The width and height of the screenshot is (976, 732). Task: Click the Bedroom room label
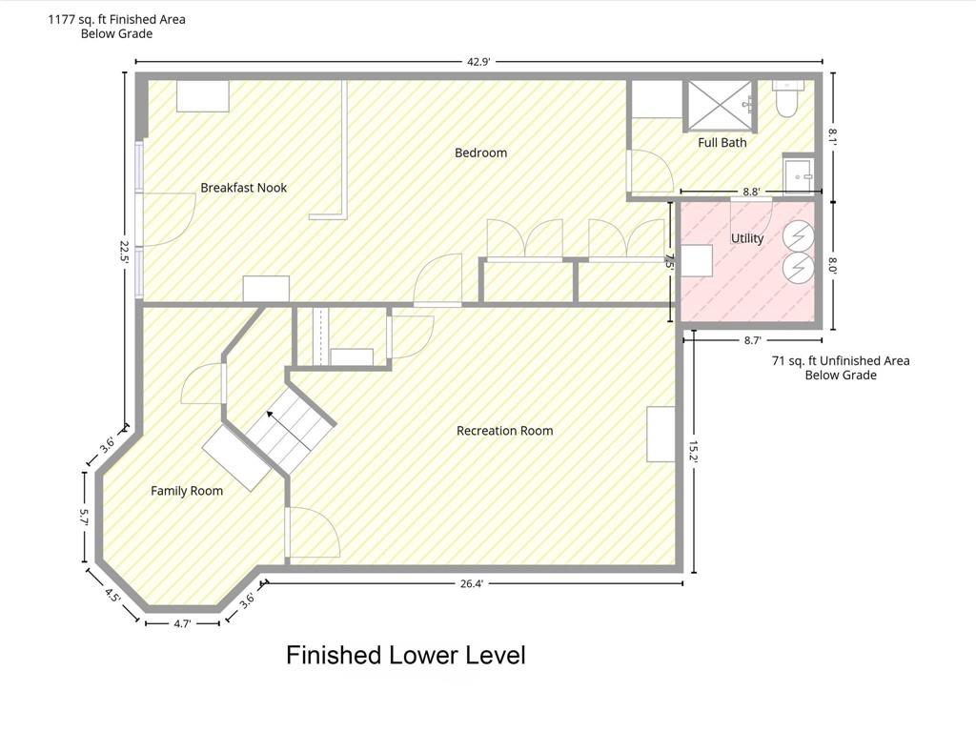pyautogui.click(x=480, y=152)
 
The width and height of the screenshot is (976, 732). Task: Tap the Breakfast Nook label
pyautogui.click(x=243, y=188)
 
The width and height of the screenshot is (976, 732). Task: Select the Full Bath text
pyautogui.click(x=722, y=143)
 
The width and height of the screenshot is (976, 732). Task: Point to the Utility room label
pyautogui.click(x=747, y=238)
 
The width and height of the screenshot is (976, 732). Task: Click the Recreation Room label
pyautogui.click(x=505, y=431)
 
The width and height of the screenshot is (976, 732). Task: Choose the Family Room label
pyautogui.click(x=187, y=491)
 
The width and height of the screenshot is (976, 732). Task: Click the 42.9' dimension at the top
pyautogui.click(x=478, y=62)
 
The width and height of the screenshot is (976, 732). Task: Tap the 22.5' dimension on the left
pyautogui.click(x=125, y=253)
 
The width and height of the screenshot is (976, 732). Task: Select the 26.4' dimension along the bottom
pyautogui.click(x=471, y=584)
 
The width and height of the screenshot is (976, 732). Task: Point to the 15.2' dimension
pyautogui.click(x=694, y=451)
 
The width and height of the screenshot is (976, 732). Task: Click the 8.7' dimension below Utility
pyautogui.click(x=753, y=340)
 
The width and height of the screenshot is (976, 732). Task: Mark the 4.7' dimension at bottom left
pyautogui.click(x=182, y=623)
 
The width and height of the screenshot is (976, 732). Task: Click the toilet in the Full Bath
pyautogui.click(x=787, y=99)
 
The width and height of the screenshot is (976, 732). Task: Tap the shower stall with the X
pyautogui.click(x=721, y=107)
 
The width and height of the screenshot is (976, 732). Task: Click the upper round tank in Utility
pyautogui.click(x=799, y=236)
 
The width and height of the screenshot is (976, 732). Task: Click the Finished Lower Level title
pyautogui.click(x=406, y=655)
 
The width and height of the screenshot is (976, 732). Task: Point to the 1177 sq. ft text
pyautogui.click(x=116, y=20)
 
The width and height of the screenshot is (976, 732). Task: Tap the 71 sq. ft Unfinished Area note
pyautogui.click(x=841, y=368)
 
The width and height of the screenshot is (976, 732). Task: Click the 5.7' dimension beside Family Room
pyautogui.click(x=85, y=517)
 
